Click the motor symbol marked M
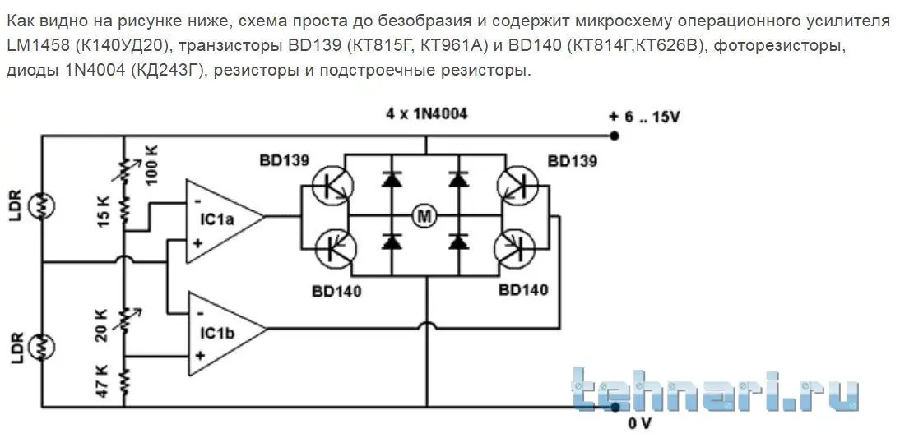[x=425, y=216]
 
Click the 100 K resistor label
[x=153, y=166]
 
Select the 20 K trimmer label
[x=101, y=325]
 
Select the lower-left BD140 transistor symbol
[x=334, y=248]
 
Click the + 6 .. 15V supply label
[x=645, y=118]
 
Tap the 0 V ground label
[x=639, y=424]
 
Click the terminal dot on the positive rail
[x=615, y=136]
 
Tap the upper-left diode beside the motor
[x=392, y=180]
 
